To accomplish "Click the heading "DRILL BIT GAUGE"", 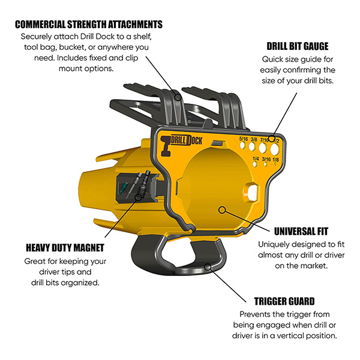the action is [298, 46].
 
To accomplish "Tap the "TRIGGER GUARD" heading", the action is [284, 301].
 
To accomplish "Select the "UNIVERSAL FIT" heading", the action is [301, 231].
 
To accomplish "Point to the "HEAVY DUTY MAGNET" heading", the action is [65, 248].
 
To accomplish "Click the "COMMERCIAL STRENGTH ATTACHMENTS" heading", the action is [89, 25].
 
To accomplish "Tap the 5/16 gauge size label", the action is [244, 139].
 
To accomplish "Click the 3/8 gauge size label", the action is [254, 139].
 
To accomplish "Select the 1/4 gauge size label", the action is [256, 158].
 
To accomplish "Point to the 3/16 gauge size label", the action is [266, 159].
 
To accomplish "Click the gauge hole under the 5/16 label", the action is [242, 145].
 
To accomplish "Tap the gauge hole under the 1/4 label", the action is [255, 164].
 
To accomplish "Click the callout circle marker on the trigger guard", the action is [208, 267].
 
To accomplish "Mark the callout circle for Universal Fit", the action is [222, 209].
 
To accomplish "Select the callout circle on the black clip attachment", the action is [178, 97].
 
